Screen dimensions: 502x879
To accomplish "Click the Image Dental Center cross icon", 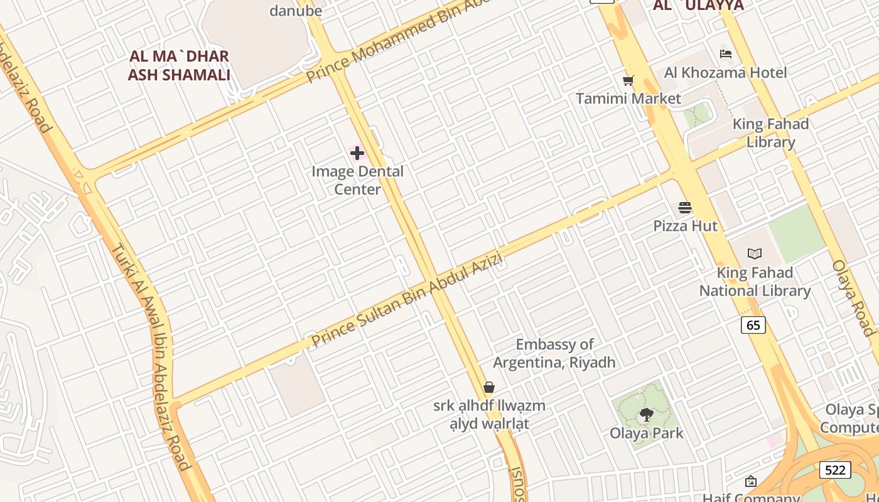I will [x=357, y=152].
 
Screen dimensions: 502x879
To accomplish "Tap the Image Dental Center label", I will [x=357, y=180].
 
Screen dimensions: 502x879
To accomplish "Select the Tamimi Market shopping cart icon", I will [x=628, y=80].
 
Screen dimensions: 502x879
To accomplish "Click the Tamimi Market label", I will [x=628, y=99].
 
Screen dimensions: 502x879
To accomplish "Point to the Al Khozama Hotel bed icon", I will [x=725, y=54].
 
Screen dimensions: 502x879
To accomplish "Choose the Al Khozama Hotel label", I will [x=725, y=73].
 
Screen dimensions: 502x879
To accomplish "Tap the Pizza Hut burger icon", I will [x=684, y=208].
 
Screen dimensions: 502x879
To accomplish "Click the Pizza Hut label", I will [x=685, y=226].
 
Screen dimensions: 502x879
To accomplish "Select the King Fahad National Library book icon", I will [x=754, y=254].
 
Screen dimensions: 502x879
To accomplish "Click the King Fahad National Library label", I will [x=755, y=282].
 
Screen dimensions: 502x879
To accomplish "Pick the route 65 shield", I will [x=753, y=325].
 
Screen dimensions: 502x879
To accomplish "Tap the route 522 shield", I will [x=834, y=469].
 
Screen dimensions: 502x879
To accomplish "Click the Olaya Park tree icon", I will [x=646, y=414].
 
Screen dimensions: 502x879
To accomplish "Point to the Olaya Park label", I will [x=647, y=433].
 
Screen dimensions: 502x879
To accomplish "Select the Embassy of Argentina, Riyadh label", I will [x=554, y=353].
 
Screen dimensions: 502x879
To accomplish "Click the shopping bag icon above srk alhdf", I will [x=489, y=387].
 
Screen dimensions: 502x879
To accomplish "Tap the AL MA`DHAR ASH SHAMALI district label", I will [x=179, y=65].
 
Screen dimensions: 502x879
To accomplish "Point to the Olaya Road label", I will [x=855, y=297].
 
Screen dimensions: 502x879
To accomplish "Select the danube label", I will [x=295, y=11].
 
